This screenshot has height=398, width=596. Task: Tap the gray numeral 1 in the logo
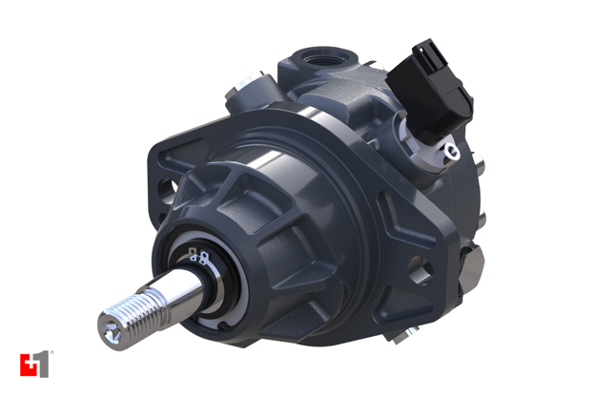click(41, 365)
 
